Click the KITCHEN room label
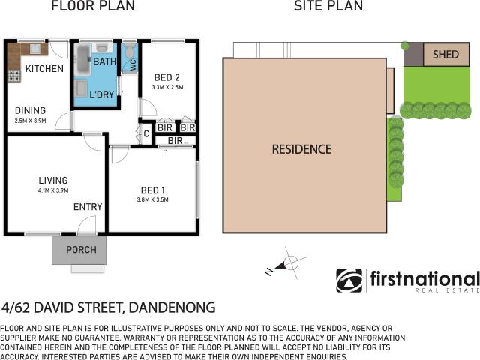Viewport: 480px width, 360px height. (44, 68)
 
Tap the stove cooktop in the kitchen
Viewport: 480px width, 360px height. (14, 76)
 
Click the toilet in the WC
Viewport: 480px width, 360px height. (130, 51)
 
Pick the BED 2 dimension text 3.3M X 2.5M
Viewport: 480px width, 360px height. (167, 87)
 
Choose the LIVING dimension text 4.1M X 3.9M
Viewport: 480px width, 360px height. (53, 190)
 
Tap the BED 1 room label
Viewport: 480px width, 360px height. (153, 190)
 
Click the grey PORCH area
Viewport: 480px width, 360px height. (79, 250)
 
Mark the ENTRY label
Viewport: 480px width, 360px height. (88, 207)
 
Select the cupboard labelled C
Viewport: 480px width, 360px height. (146, 133)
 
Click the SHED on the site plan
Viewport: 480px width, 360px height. (446, 55)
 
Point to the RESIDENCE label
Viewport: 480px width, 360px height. (301, 149)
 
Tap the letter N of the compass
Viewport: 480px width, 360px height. (268, 271)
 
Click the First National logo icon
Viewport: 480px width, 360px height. (349, 280)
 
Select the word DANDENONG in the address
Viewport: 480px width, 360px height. (172, 307)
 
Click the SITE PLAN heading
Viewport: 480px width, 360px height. (328, 6)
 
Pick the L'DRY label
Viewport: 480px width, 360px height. (102, 94)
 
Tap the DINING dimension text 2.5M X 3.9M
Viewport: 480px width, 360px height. (30, 121)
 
